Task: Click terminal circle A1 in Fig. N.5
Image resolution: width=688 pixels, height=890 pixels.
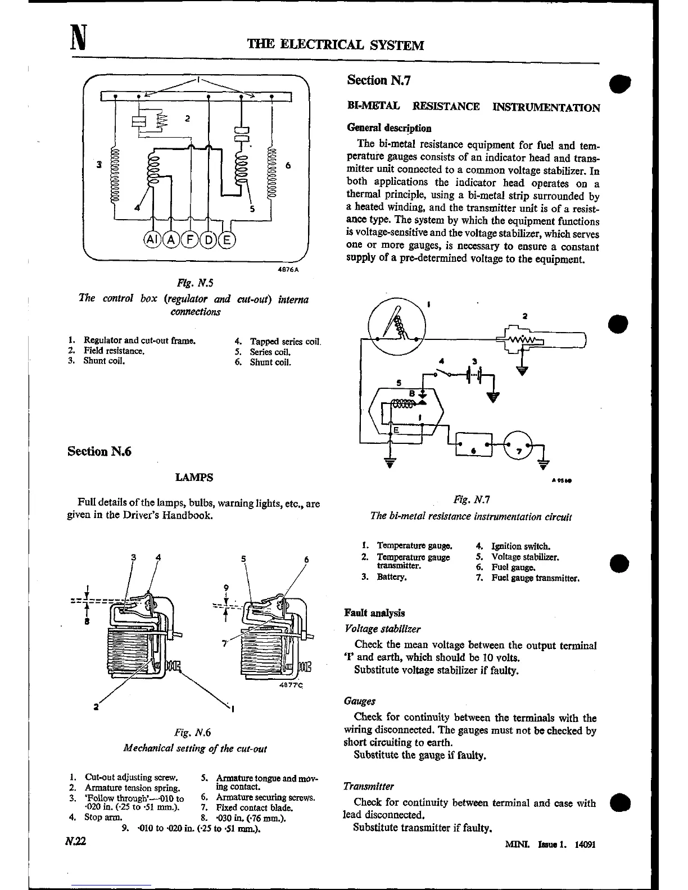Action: coord(152,240)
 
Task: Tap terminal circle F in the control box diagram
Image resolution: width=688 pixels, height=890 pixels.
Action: coord(190,240)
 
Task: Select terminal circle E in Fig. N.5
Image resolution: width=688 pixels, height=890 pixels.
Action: coord(227,240)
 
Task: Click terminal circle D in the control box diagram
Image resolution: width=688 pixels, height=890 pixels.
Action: coord(209,240)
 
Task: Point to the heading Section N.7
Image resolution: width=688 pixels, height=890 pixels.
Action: coord(379,80)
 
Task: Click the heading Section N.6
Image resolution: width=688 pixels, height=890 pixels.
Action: coord(99,451)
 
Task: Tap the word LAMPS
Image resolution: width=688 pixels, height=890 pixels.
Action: coord(194,478)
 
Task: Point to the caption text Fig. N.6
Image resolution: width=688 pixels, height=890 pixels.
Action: coord(192,733)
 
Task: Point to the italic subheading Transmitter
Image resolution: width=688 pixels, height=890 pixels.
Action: coord(368,787)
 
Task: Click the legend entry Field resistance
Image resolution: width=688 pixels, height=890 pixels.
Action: coord(114,351)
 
